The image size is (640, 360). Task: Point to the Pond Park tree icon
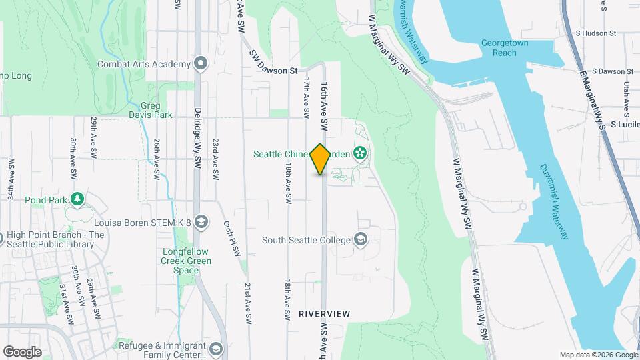[78, 199]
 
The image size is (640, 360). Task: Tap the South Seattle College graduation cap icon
[361, 239]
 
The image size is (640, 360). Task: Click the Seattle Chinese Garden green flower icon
[360, 154]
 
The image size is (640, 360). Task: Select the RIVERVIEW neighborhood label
[325, 313]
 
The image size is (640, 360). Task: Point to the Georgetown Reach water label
[505, 47]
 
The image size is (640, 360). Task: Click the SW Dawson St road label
[273, 63]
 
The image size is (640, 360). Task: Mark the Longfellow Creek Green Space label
[187, 261]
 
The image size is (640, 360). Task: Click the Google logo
[22, 351]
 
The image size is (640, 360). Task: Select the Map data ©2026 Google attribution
[597, 355]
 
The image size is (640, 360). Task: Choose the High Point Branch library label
[56, 239]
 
